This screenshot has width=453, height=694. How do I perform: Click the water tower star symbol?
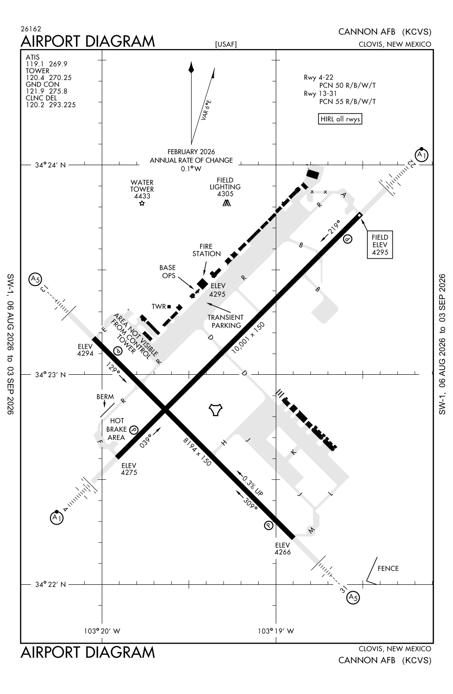click(142, 203)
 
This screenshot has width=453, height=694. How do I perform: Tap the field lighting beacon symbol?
click(227, 203)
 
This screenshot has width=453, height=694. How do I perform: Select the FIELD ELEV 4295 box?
click(380, 245)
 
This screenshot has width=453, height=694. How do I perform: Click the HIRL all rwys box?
click(340, 119)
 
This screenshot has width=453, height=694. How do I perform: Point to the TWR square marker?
click(169, 307)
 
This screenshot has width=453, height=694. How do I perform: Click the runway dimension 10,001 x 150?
click(248, 338)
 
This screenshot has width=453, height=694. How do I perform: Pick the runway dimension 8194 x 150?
click(197, 452)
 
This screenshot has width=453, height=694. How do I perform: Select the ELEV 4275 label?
click(129, 469)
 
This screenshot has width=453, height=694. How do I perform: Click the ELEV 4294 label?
click(85, 350)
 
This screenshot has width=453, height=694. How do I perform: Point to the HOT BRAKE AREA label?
click(117, 429)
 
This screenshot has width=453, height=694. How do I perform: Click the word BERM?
click(105, 397)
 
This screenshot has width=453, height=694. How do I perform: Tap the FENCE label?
click(388, 569)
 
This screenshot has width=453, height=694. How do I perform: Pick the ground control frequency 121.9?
click(33, 91)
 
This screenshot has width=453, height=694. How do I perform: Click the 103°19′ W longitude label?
click(276, 631)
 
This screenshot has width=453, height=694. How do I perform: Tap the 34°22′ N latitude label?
click(50, 585)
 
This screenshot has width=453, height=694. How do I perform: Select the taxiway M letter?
click(311, 530)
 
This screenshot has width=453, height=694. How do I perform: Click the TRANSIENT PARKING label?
click(225, 321)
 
